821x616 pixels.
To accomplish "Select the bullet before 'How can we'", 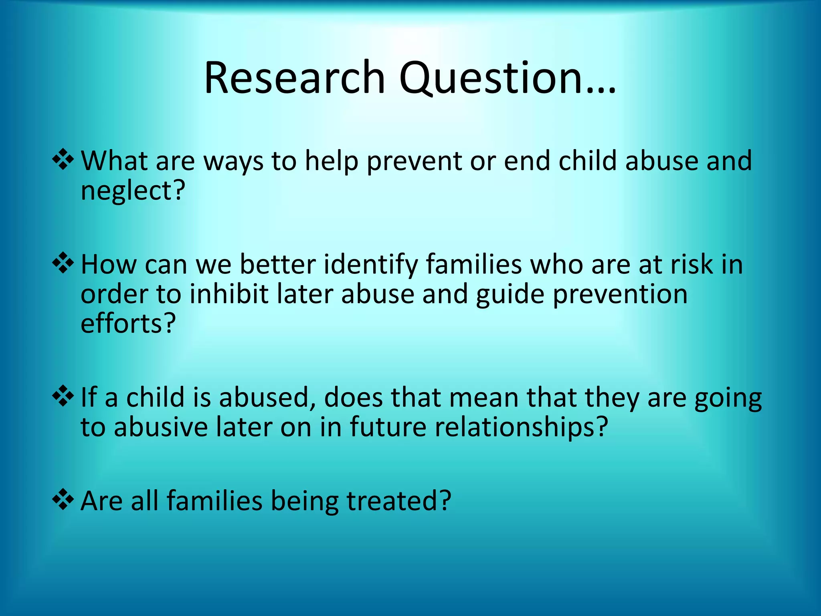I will [63, 263].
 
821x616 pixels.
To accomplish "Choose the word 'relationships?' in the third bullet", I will [521, 427].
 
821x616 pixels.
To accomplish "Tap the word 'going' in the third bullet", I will [728, 399].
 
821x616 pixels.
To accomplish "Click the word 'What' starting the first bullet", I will [115, 161].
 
